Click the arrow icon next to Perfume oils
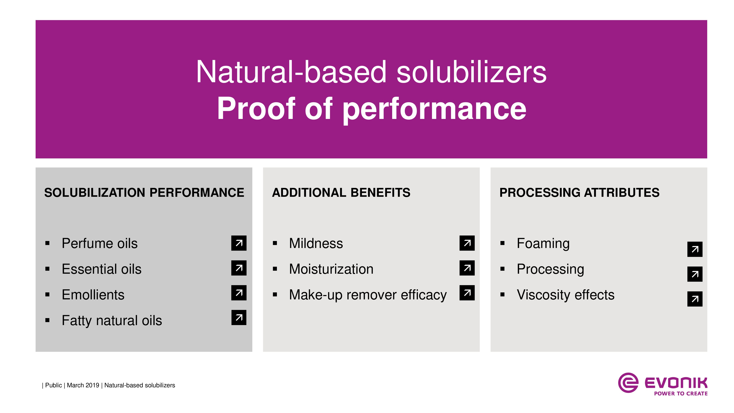239,243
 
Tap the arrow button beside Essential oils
239,268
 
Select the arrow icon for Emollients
239,293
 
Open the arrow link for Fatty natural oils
239,318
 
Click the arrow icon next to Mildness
467,243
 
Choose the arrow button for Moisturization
467,268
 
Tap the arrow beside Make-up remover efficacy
467,293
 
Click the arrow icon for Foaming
695,249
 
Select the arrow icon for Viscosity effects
695,299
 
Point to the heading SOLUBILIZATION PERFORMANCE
144,193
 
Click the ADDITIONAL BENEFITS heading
341,193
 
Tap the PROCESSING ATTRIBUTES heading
579,193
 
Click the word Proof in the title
256,109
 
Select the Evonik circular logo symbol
628,383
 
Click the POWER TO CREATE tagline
681,394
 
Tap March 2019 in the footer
83,385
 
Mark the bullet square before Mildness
275,243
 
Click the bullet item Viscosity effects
566,295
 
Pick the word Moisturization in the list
331,269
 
